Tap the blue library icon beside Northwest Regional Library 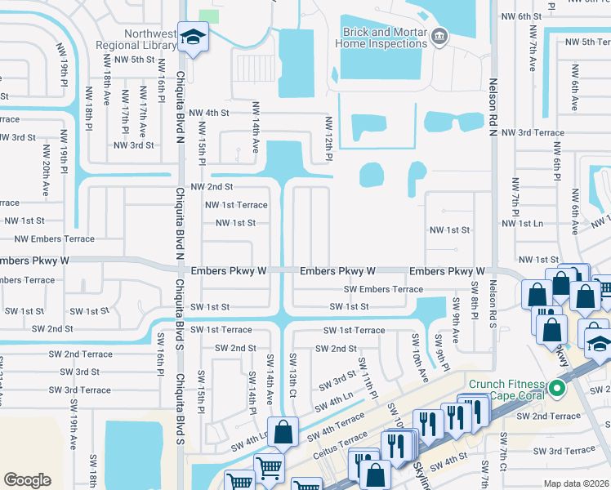click(193, 38)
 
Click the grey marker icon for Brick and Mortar click(439, 35)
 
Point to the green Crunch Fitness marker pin click(558, 387)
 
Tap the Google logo click(27, 479)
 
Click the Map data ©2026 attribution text click(576, 483)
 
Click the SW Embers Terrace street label click(383, 289)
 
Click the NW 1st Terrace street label click(236, 205)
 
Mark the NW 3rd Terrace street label click(533, 132)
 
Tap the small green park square click(209, 15)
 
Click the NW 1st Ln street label click(522, 223)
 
